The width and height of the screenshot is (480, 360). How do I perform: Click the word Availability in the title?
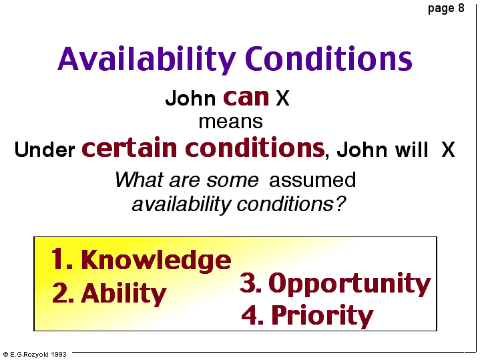(147, 59)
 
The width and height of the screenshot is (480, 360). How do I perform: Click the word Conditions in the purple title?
(328, 58)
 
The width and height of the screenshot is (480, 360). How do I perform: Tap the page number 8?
(461, 7)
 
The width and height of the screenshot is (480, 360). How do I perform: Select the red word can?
(246, 98)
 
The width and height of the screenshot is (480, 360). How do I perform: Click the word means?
(230, 122)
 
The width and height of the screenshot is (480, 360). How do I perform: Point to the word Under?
(45, 150)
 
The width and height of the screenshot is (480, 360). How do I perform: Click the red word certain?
(130, 148)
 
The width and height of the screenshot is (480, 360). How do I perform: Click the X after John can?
(282, 98)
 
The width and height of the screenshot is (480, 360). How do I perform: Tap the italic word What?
(140, 180)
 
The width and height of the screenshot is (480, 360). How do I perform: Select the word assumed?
(312, 180)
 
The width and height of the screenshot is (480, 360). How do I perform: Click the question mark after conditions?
(340, 204)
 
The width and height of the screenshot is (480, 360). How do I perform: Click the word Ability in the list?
(124, 293)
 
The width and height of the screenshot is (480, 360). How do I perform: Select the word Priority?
(322, 315)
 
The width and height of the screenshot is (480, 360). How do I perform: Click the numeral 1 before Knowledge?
(57, 259)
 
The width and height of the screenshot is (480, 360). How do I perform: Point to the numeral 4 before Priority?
(250, 315)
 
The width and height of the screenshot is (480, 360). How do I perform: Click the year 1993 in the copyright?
(59, 355)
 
